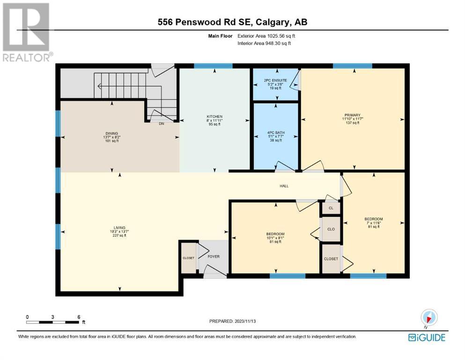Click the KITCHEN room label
[214, 117]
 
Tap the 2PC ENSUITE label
[275, 81]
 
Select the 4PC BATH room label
[276, 133]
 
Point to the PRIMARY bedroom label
[352, 115]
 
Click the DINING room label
[111, 134]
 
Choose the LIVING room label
[119, 228]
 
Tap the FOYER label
[214, 256]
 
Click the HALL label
[284, 186]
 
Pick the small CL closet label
[331, 208]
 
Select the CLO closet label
[331, 229]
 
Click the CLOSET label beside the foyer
[188, 258]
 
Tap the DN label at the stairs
[162, 124]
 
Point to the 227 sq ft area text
[119, 235]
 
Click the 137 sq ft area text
[352, 123]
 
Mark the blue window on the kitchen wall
[213, 66]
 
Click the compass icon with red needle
[429, 317]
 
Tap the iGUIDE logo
[427, 338]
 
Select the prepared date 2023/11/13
[245, 321]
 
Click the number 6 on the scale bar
[79, 317]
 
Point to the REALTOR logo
[27, 32]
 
